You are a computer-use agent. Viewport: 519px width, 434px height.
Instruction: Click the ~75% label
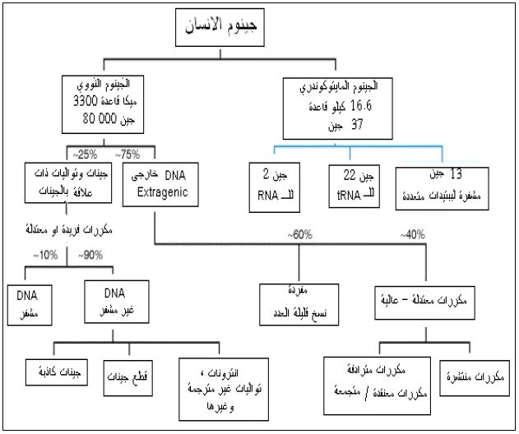pyautogui.click(x=127, y=153)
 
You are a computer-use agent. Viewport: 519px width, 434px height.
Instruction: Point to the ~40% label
pyautogui.click(x=414, y=234)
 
